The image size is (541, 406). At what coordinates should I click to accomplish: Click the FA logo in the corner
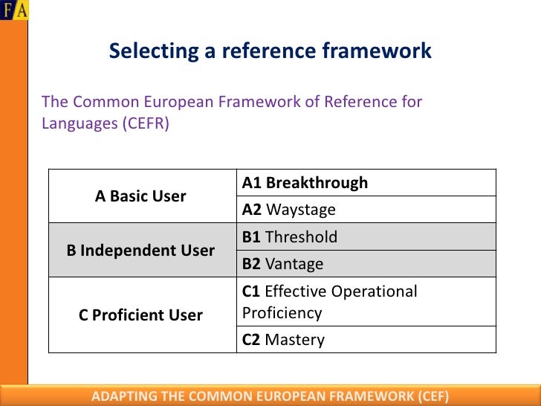14,10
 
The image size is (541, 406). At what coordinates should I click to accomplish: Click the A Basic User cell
140,196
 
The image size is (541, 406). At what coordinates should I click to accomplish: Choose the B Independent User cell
140,251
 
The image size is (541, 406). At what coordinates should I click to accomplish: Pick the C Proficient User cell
140,315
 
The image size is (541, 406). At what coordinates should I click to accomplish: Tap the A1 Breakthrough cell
366,183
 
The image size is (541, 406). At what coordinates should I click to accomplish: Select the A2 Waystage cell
366,210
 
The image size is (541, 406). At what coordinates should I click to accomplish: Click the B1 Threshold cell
366,237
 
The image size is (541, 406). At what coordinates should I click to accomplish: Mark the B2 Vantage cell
366,264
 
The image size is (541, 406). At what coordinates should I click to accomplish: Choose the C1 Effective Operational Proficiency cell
366,302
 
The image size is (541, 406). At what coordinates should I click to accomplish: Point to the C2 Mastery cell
366,340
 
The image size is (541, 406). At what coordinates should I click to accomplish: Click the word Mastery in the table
295,340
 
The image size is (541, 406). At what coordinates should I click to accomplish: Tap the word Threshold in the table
301,237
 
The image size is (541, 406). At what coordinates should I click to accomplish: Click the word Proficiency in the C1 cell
282,312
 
